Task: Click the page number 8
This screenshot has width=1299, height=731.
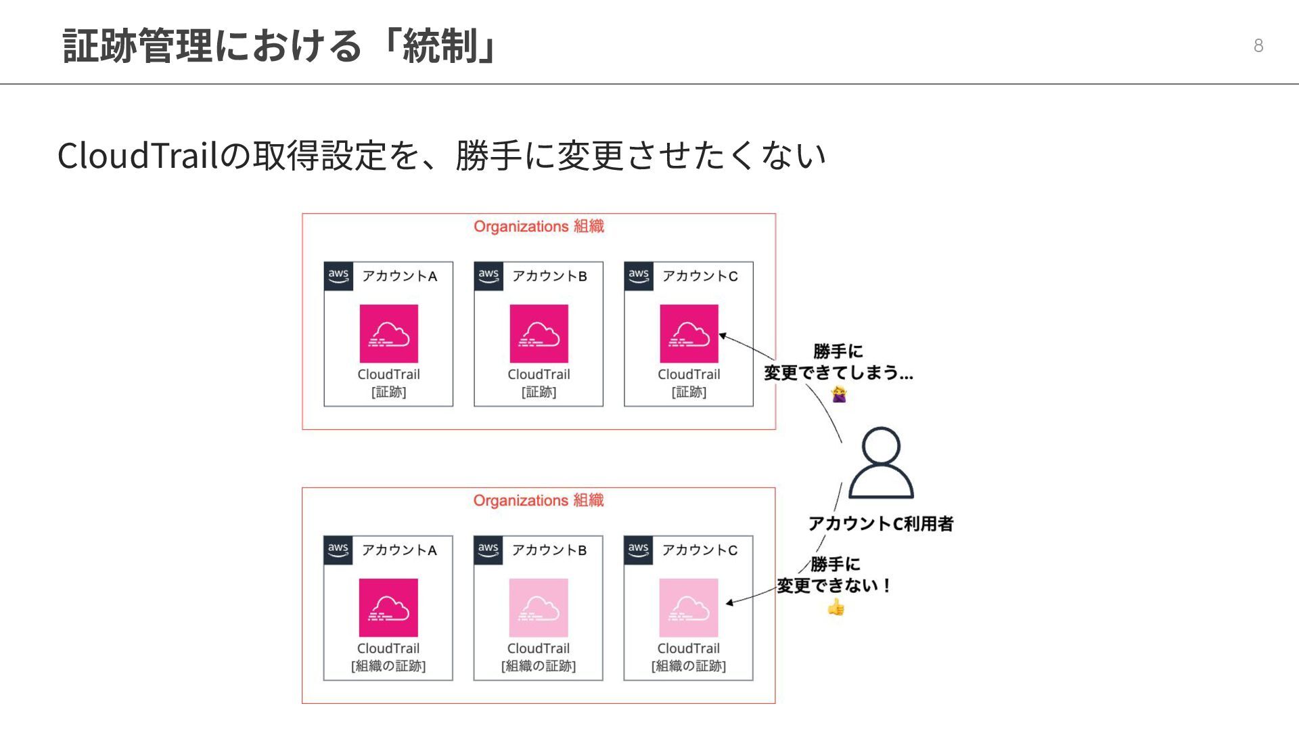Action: [x=1258, y=45]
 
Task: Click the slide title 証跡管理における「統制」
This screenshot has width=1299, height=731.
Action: [x=281, y=46]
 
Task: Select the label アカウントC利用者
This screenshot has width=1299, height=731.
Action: [x=881, y=523]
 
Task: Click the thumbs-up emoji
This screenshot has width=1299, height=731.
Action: [x=836, y=607]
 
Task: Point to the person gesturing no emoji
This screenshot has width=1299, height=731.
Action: [x=839, y=394]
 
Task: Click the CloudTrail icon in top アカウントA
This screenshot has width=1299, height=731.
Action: [x=388, y=334]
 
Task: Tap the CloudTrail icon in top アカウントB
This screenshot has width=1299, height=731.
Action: [x=539, y=334]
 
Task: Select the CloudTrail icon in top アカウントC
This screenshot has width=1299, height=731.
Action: [x=689, y=334]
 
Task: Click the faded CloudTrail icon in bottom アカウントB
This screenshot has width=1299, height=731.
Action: [x=539, y=608]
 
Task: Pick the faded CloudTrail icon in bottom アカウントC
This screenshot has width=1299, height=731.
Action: [x=689, y=608]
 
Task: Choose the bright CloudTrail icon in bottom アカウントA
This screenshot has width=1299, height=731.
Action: [x=388, y=608]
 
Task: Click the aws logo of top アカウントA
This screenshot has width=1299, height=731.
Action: [x=338, y=276]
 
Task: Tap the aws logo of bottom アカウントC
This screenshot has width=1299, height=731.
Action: [x=638, y=550]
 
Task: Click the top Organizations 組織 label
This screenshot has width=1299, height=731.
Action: [x=539, y=226]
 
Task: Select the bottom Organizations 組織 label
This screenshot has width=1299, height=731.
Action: [x=539, y=500]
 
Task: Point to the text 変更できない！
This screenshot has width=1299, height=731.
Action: [x=834, y=585]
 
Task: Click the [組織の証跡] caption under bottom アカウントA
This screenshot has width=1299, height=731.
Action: [x=388, y=666]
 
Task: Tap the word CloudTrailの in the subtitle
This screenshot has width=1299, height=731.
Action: [x=154, y=156]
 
